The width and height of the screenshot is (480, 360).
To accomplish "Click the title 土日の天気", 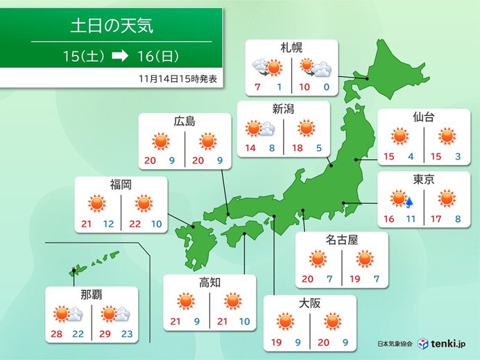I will click(111, 26).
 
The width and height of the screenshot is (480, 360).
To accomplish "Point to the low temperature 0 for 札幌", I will click(326, 87).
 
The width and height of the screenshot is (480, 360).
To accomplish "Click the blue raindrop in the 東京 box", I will click(409, 203).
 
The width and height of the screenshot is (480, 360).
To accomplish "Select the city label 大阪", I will click(309, 303).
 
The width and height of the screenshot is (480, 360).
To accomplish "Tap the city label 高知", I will click(209, 282).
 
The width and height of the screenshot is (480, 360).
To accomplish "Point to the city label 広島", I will click(184, 122).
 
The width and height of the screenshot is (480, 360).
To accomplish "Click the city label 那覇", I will click(91, 295).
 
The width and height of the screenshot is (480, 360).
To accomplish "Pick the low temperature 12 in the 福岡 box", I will click(109, 225).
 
